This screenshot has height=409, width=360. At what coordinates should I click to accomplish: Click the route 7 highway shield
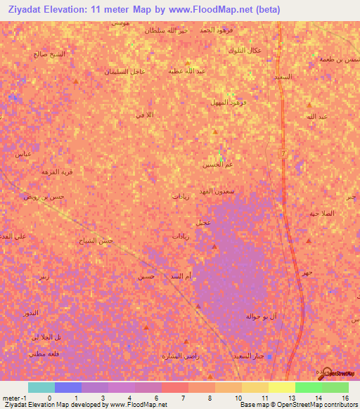283,153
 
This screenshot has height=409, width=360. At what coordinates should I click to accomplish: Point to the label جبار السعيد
249,356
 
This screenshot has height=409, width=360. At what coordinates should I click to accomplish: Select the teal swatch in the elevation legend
41,387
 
